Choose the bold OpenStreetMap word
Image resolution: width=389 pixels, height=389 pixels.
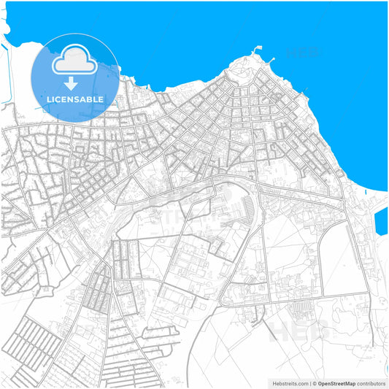click(336, 383)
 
